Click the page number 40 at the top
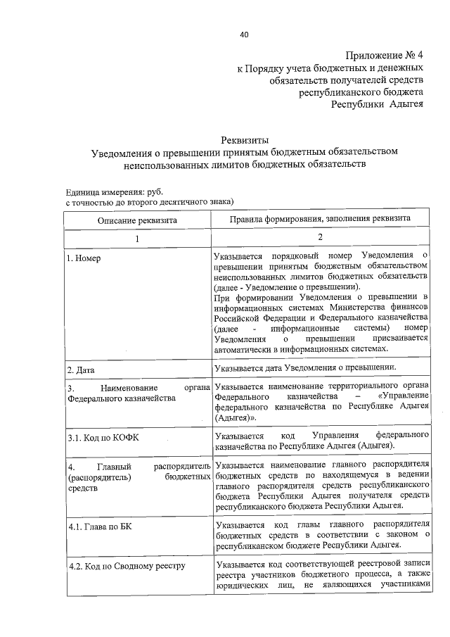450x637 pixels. (x=243, y=34)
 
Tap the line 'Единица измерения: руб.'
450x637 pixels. (x=109, y=191)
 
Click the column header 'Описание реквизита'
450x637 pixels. (x=138, y=220)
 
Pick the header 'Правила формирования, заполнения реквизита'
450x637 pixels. (x=320, y=220)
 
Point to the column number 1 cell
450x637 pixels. (x=138, y=239)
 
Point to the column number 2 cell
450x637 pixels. (x=320, y=239)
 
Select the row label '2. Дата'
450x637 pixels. (x=81, y=370)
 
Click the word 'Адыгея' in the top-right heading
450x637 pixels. (x=404, y=104)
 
